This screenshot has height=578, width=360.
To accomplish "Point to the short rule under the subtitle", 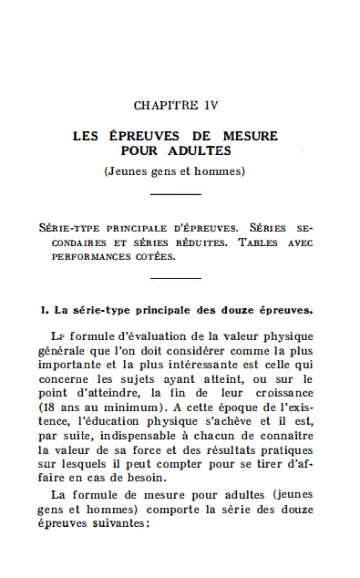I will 175,194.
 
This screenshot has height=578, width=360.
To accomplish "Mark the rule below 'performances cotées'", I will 175,278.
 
